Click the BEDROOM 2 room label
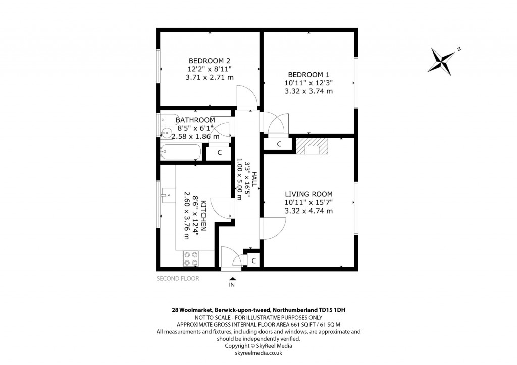(x=210, y=60)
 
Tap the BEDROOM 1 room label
(x=309, y=74)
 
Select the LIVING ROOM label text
(x=308, y=194)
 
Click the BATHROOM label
(x=195, y=120)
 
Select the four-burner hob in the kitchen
(x=191, y=258)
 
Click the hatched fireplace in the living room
(x=312, y=147)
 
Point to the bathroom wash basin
(x=166, y=135)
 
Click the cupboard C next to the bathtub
(x=220, y=152)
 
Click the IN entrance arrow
(x=232, y=278)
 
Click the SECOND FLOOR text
(x=178, y=278)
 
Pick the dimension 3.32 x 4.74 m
(x=308, y=211)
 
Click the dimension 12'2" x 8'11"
(x=210, y=69)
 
